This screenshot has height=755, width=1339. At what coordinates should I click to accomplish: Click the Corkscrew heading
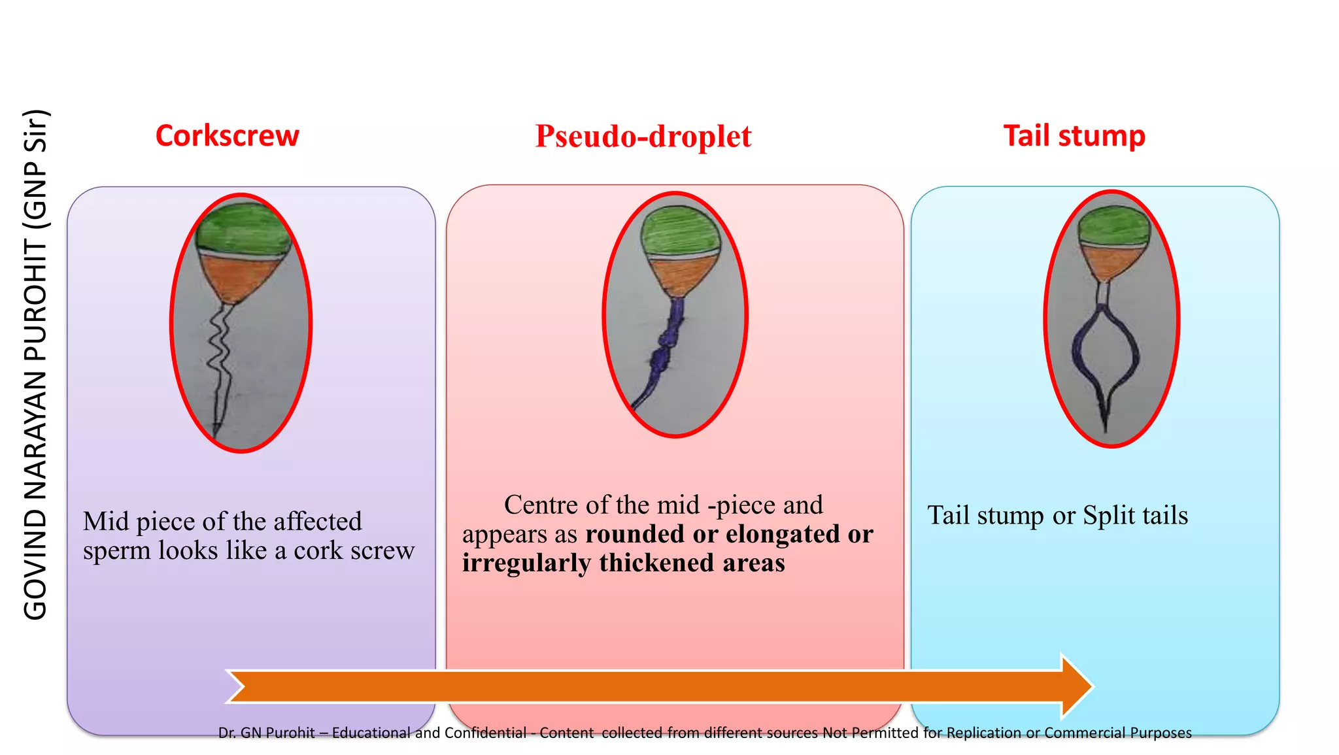pos(227,136)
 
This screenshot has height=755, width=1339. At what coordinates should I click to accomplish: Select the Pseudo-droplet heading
pos(643,136)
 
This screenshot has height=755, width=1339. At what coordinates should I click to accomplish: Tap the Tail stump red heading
pos(1074,136)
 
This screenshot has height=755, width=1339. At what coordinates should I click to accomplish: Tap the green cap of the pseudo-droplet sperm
pos(680,230)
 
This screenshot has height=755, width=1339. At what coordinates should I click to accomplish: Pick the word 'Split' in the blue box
pos(1108,516)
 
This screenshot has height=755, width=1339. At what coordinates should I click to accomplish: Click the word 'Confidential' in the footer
pos(485,733)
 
